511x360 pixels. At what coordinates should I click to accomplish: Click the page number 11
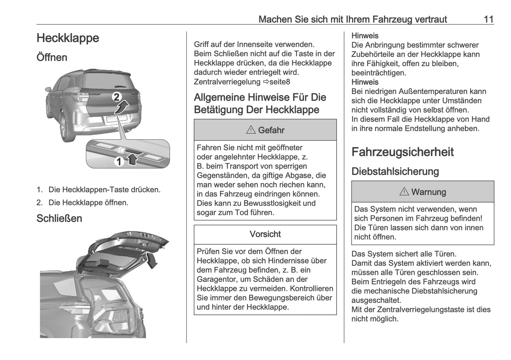(x=488, y=19)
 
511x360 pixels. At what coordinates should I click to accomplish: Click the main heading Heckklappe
(x=68, y=38)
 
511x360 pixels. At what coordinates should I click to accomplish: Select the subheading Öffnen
(x=52, y=57)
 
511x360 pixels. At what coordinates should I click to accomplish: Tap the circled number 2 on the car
(x=117, y=97)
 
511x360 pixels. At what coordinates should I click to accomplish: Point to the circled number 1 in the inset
(x=119, y=162)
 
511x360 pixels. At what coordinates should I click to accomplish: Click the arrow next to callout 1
(x=132, y=160)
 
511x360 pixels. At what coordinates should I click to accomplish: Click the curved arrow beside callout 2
(x=122, y=106)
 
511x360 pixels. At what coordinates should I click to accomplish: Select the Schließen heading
(x=59, y=218)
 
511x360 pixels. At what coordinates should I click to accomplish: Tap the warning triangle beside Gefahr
(x=251, y=130)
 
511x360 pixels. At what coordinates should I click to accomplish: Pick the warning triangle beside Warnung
(x=404, y=192)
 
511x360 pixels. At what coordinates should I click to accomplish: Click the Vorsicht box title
(x=265, y=234)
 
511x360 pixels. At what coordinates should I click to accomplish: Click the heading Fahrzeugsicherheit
(x=402, y=152)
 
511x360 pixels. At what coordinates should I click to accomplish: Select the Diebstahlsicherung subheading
(x=395, y=172)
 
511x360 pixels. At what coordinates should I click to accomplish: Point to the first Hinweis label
(x=365, y=36)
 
